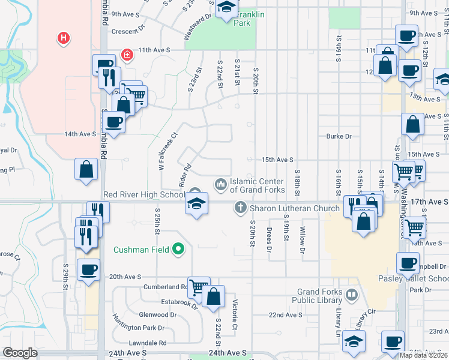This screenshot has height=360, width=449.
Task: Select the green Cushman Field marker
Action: pyautogui.click(x=178, y=248)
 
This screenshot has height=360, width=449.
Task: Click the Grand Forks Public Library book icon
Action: pyautogui.click(x=351, y=295)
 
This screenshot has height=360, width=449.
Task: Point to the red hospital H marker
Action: pyautogui.click(x=62, y=39)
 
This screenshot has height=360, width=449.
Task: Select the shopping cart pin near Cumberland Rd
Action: pyautogui.click(x=198, y=287)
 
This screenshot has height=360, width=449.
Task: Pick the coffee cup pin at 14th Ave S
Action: pyautogui.click(x=113, y=123)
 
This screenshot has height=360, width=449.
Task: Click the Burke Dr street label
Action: pyautogui.click(x=339, y=136)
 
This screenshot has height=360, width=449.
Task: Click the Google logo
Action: pyautogui.click(x=20, y=353)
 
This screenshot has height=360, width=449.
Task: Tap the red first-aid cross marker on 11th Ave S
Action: pyautogui.click(x=127, y=56)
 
